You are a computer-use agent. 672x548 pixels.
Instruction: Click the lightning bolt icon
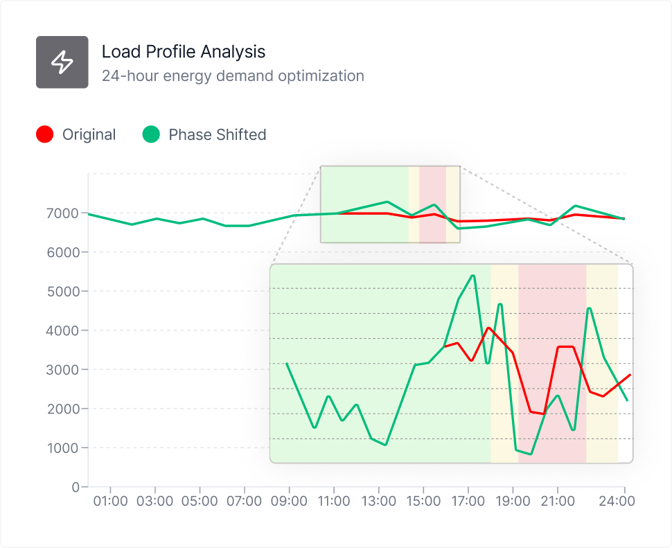click(62, 62)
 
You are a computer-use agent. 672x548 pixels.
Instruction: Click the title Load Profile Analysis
click(183, 51)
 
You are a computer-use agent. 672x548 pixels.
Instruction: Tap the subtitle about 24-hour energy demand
click(233, 76)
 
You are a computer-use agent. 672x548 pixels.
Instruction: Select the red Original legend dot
click(44, 134)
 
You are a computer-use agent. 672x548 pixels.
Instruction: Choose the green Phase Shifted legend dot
click(151, 134)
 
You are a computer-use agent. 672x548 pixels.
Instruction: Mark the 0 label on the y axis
click(76, 487)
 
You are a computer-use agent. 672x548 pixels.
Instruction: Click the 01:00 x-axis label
click(110, 500)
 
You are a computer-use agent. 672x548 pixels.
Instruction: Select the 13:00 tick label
click(378, 500)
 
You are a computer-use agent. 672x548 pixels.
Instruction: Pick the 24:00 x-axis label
click(617, 500)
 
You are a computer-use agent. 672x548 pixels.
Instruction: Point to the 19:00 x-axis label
click(513, 500)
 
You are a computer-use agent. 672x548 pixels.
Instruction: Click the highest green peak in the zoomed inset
click(472, 276)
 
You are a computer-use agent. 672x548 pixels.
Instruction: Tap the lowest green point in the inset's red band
click(531, 454)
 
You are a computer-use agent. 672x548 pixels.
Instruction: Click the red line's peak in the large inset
click(488, 328)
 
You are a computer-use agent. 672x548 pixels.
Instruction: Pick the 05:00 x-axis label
click(200, 500)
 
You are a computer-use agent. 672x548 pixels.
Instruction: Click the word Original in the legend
click(89, 134)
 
